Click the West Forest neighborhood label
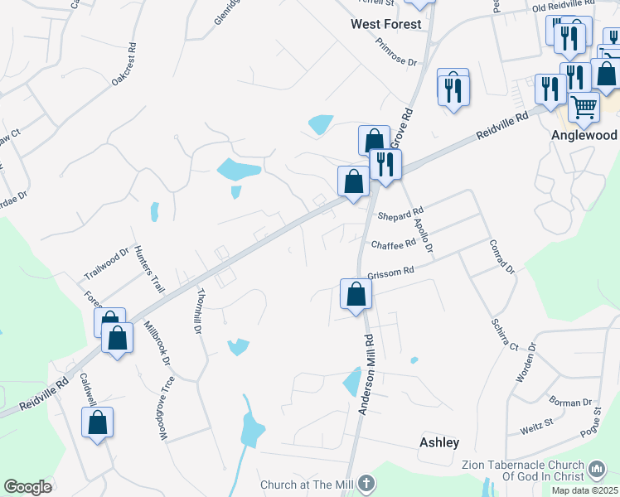[385, 24]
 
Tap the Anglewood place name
[584, 134]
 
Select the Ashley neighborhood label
[439, 442]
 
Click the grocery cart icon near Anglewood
[584, 107]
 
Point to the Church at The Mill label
[308, 485]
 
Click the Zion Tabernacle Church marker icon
[596, 471]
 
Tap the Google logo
[27, 487]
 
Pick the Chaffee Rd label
[393, 245]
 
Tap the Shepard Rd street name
[400, 215]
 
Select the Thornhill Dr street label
[199, 311]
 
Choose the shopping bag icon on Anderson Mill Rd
[356, 294]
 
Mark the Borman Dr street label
[569, 403]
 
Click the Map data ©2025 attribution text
[584, 490]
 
